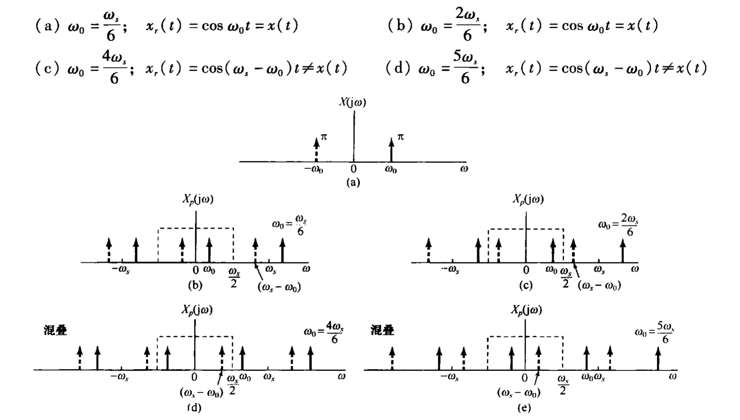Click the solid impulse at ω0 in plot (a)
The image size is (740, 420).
click(391, 150)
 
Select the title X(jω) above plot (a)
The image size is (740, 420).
click(352, 102)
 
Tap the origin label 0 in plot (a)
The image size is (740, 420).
click(353, 169)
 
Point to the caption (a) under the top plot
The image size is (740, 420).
click(353, 182)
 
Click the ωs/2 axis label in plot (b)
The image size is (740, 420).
click(234, 277)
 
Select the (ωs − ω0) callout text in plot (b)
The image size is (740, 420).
click(279, 286)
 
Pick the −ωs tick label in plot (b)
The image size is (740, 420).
click(120, 270)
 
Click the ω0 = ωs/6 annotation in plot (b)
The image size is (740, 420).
click(289, 226)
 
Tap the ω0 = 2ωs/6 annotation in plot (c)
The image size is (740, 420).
click(618, 226)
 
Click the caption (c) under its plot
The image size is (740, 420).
click(526, 286)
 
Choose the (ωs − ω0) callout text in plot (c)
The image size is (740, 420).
click(599, 285)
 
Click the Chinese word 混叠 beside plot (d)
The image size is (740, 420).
click(55, 330)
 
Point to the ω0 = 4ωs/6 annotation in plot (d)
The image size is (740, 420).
click(324, 332)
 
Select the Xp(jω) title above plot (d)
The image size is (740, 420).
click(197, 310)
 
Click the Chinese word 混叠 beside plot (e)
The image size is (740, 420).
click(382, 330)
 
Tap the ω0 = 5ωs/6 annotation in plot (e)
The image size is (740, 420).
click(654, 332)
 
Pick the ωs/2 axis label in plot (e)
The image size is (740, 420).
click(563, 384)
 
